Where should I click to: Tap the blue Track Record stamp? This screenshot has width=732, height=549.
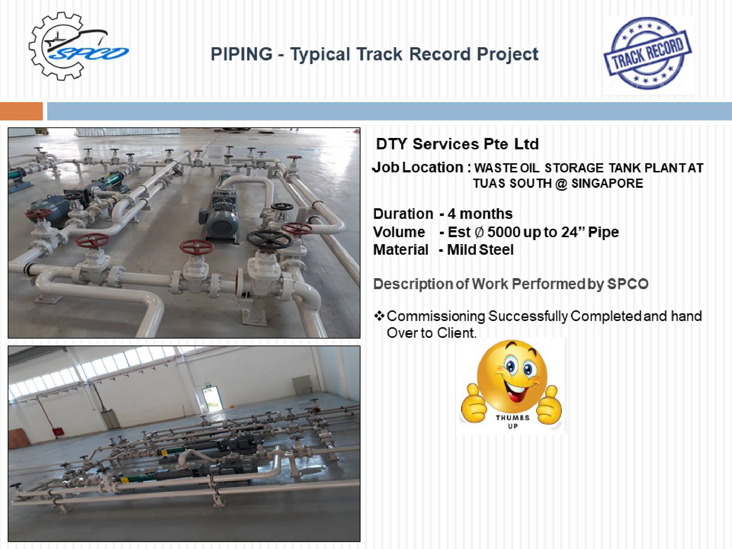tap(647, 53)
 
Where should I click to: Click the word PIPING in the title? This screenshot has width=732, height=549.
tap(242, 54)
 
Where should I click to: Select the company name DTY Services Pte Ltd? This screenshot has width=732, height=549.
tap(457, 144)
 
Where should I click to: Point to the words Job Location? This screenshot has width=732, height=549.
tap(418, 168)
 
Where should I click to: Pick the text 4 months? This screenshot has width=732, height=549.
tap(480, 214)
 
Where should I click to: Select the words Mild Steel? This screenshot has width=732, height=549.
tap(480, 250)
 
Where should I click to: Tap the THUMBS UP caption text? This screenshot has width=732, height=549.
tap(512, 422)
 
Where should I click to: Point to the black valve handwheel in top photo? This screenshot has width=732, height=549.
tap(269, 239)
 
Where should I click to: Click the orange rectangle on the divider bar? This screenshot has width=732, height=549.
tap(21, 111)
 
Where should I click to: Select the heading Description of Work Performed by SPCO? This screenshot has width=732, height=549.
tap(511, 284)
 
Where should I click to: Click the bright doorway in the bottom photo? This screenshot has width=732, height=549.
tap(212, 399)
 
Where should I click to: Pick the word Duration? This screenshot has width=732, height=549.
tap(403, 214)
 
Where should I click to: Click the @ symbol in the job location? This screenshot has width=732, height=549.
tap(561, 183)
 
